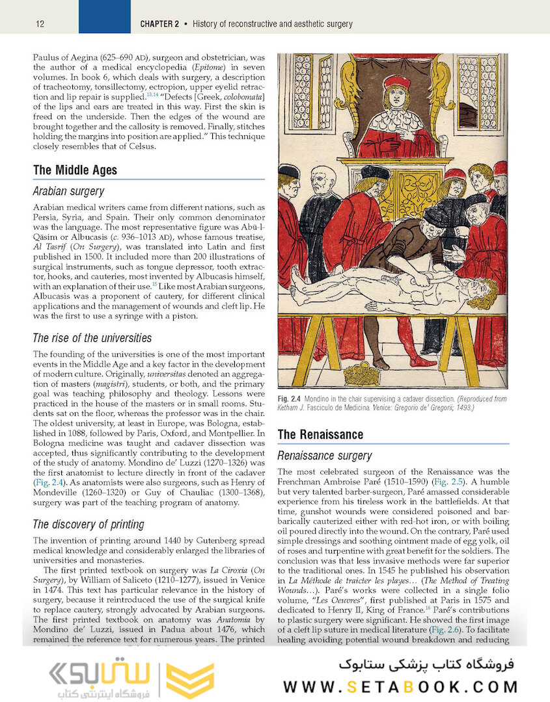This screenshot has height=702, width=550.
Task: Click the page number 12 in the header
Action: point(40,24)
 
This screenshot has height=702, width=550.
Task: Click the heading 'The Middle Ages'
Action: point(75,170)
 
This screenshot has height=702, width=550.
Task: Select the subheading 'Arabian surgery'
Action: point(68,192)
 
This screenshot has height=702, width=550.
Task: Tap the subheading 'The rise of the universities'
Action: point(92,338)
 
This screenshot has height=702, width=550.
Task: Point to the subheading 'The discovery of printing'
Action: point(89,525)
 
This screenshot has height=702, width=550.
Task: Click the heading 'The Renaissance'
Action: point(320,434)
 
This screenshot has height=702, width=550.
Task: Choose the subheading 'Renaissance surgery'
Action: point(325,456)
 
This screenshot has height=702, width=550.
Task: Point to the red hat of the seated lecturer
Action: point(396,82)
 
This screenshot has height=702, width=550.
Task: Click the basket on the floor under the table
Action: point(361,374)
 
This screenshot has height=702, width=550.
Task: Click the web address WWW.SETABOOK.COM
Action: point(400,686)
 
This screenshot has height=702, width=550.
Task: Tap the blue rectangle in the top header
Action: point(104,17)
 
